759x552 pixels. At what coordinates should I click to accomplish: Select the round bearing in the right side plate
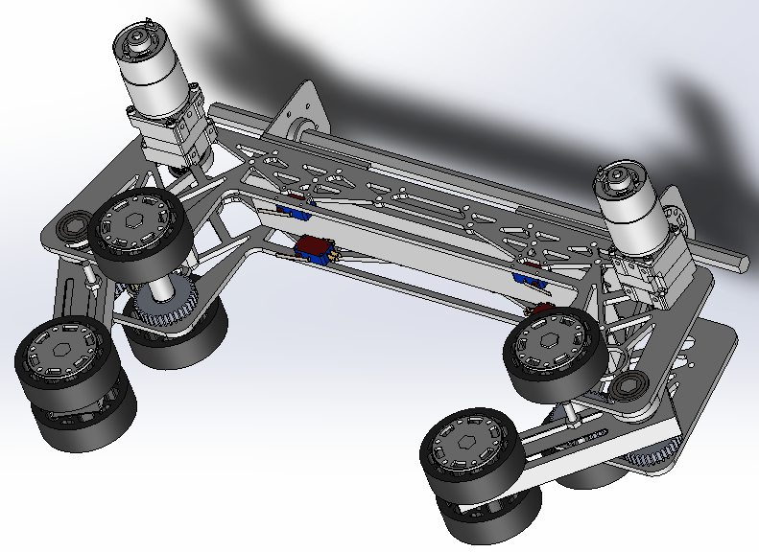(x=631, y=387)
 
